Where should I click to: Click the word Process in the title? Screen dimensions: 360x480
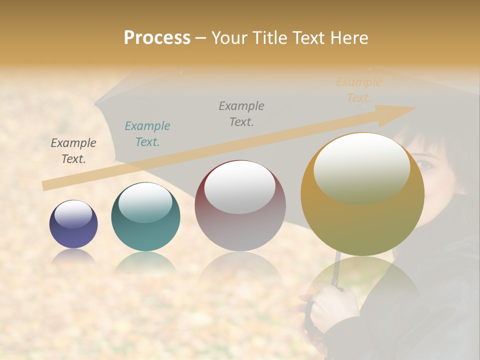(157, 38)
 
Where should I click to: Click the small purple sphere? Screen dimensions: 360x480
(73, 224)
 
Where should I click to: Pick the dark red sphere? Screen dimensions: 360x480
(240, 206)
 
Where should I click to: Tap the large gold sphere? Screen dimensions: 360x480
(362, 195)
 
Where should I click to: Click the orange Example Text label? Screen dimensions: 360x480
(359, 90)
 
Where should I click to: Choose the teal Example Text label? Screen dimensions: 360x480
(147, 134)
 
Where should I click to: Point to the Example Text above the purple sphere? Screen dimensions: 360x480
(73, 151)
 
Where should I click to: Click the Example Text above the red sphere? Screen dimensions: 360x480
(241, 113)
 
